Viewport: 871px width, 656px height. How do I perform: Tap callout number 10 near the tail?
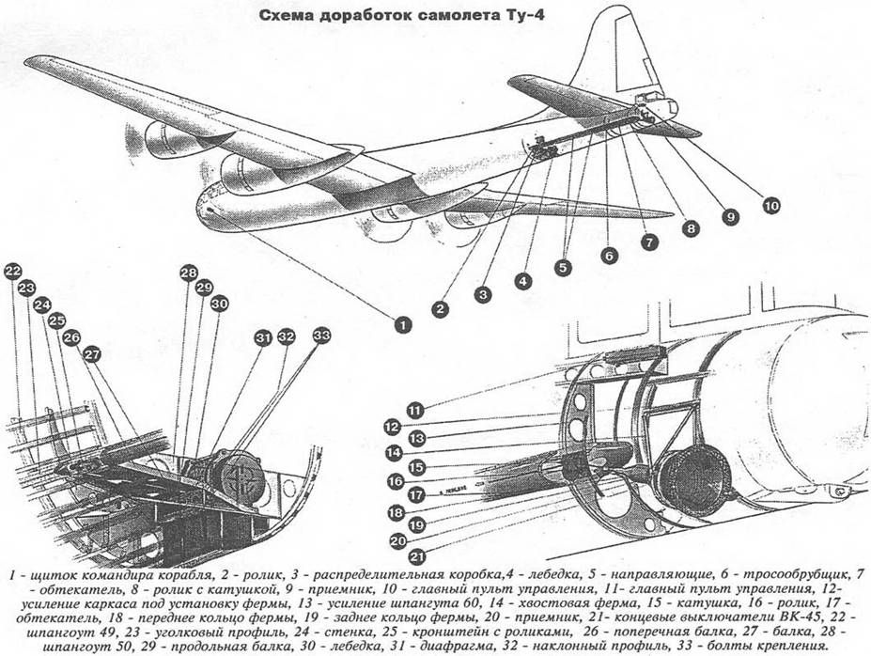[770, 203]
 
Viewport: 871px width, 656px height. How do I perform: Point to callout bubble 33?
[321, 335]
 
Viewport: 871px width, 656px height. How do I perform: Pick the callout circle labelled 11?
[416, 409]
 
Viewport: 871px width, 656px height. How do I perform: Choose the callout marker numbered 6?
[608, 254]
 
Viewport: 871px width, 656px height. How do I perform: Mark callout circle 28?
[189, 273]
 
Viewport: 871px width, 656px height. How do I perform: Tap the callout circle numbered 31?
[263, 337]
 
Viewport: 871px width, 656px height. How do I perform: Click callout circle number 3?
[483, 294]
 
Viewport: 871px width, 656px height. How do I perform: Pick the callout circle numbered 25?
[57, 320]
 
